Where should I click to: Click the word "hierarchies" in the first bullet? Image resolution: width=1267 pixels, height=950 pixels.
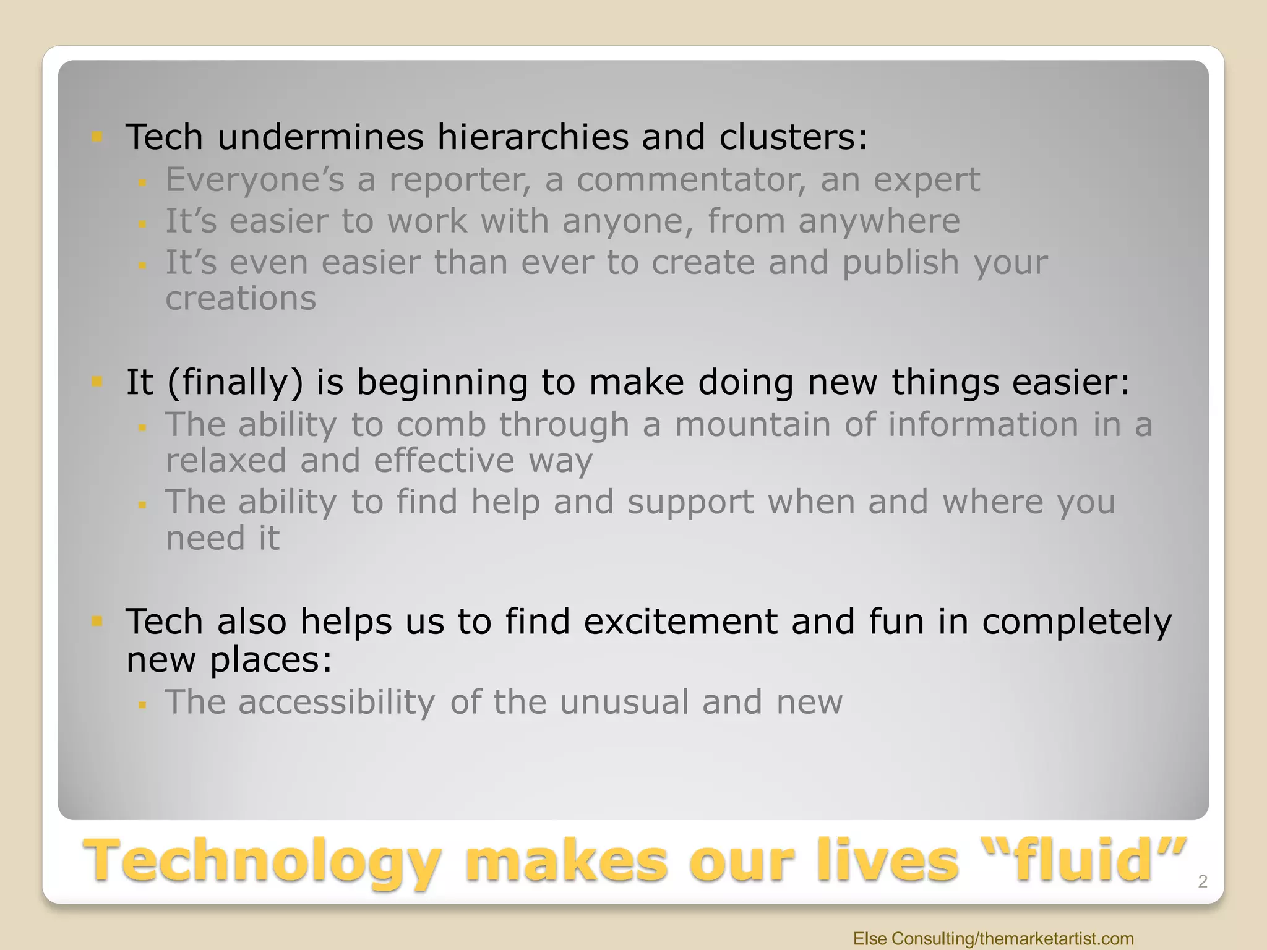pos(532,137)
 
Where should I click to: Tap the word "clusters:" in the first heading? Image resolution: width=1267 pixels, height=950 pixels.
pos(793,137)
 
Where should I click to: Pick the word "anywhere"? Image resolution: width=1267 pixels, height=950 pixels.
pos(878,221)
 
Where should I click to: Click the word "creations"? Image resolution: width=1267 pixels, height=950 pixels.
pos(241,299)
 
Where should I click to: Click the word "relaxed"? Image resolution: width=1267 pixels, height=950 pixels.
pos(226,461)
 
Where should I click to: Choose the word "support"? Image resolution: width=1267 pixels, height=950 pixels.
pos(690,502)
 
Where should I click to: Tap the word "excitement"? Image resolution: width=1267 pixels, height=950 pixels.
pos(680,622)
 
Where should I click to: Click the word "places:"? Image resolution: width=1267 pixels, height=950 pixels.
pos(270,660)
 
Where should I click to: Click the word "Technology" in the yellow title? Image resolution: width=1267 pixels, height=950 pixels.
pos(263,862)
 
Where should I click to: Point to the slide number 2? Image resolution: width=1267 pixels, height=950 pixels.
pos(1202,881)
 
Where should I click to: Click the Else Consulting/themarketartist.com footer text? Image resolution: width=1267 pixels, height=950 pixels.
pos(993,938)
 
